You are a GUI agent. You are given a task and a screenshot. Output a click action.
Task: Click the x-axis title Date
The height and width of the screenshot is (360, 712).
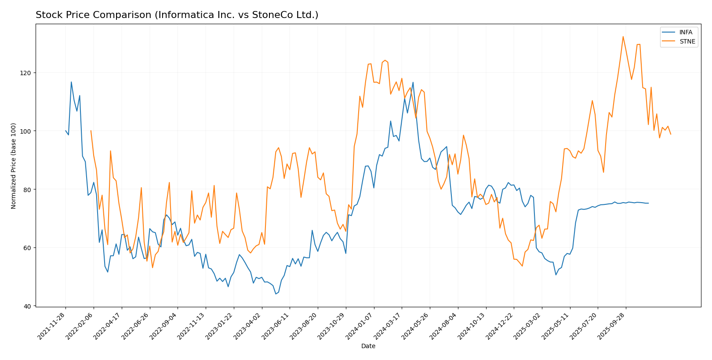point(368,346)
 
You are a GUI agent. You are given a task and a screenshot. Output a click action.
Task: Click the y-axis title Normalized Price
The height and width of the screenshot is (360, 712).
point(14,166)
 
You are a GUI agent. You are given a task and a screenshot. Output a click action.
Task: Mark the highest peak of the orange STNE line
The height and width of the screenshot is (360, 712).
point(623,36)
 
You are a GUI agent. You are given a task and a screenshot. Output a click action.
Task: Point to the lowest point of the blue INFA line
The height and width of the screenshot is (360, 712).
point(276,294)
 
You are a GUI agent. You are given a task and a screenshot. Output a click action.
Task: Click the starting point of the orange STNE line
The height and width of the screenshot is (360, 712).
point(91,131)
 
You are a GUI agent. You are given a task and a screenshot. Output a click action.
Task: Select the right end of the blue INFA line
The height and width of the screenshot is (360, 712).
point(648,203)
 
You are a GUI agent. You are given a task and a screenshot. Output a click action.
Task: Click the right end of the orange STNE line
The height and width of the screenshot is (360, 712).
point(670,134)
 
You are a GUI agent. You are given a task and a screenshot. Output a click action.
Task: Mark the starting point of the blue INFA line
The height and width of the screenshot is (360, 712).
point(65,131)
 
